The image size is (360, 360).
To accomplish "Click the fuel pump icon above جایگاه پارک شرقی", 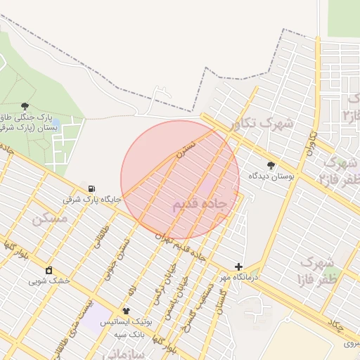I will click(x=92, y=188).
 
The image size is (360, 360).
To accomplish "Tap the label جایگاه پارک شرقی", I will click(x=93, y=199).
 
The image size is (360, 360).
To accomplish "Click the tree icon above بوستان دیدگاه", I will click(x=271, y=165).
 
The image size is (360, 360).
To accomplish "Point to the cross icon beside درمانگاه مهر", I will click(x=239, y=267).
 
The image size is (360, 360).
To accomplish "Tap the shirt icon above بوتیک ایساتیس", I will click(x=127, y=311).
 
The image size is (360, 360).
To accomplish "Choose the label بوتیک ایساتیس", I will click(x=127, y=321).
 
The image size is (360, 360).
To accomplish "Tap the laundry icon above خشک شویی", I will click(x=49, y=270).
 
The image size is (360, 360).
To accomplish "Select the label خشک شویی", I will click(x=49, y=281).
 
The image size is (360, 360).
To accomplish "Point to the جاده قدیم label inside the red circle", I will click(x=199, y=204).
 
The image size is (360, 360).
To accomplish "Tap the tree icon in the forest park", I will click(x=25, y=106).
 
